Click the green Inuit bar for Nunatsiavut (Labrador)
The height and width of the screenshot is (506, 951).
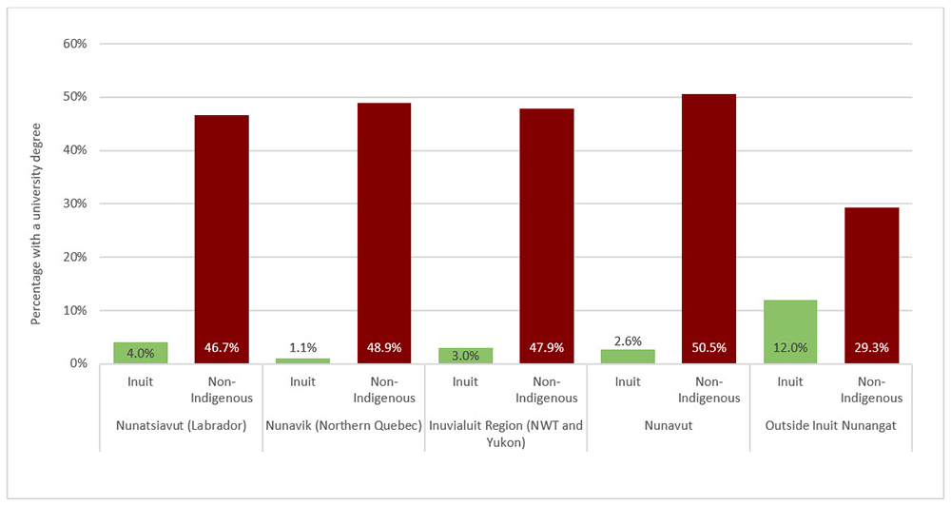tap(140, 352)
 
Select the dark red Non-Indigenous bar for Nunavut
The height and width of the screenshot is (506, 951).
tap(708, 228)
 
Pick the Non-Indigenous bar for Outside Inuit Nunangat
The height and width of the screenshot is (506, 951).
tap(871, 285)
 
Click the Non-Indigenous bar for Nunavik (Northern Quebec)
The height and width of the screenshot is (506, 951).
tap(383, 233)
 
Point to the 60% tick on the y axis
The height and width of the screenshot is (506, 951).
tap(75, 44)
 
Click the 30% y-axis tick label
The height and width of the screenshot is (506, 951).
tap(75, 204)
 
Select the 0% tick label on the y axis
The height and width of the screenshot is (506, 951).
tap(79, 363)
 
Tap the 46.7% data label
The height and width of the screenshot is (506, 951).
tap(222, 348)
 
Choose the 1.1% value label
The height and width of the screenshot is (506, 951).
tap(302, 347)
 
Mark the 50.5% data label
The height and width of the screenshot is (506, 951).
tap(708, 348)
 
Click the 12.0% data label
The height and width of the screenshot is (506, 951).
tap(789, 348)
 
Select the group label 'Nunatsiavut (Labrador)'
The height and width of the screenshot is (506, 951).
tap(181, 425)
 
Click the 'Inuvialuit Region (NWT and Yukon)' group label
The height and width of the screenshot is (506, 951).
tap(506, 433)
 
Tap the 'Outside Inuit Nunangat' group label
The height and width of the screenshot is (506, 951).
tap(830, 425)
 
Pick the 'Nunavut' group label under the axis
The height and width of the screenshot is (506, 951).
tap(668, 425)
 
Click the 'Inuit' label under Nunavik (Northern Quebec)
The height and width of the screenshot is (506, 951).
tap(302, 382)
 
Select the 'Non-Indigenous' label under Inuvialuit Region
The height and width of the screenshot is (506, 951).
tap(547, 390)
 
